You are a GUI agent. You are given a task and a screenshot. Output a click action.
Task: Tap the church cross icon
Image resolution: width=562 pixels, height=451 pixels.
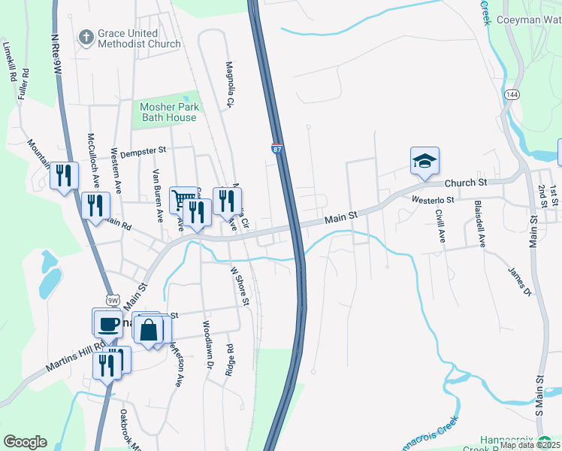86,36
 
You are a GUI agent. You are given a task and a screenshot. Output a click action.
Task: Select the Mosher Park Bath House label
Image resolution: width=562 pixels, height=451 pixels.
171,112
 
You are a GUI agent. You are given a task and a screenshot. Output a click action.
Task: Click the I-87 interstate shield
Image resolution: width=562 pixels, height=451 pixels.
277,149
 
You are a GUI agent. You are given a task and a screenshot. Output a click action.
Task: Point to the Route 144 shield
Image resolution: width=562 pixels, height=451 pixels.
512,95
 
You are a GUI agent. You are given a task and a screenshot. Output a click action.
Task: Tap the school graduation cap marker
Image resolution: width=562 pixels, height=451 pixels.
425,161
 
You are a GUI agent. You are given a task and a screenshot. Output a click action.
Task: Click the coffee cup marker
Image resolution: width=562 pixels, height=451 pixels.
107,322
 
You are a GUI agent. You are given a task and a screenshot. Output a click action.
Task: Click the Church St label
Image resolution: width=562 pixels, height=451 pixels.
466,183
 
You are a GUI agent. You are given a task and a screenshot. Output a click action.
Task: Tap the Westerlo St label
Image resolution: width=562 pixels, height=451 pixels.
433,200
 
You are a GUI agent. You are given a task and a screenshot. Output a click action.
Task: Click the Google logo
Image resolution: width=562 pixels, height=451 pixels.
25,442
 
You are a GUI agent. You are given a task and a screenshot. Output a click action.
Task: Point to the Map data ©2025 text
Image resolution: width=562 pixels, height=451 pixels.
530,445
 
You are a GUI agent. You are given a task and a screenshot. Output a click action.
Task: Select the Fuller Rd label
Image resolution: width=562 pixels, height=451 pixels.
23,85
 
